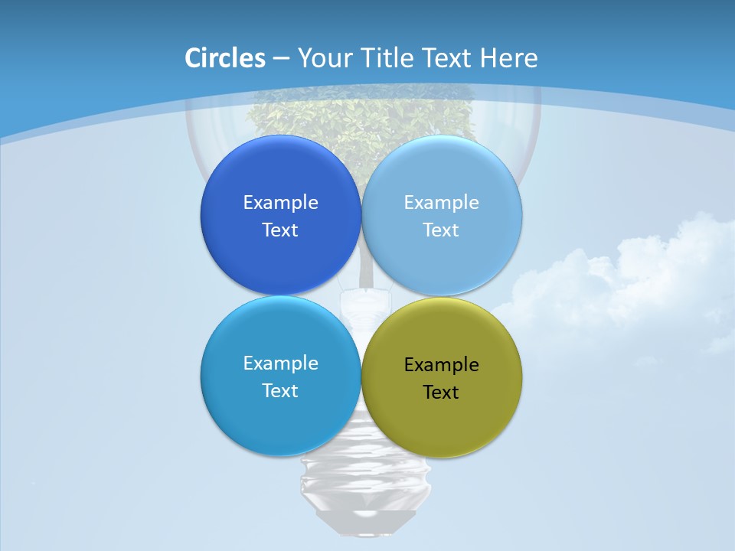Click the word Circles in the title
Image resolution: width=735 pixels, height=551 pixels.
(225, 58)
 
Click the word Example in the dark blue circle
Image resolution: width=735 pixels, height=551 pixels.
(280, 203)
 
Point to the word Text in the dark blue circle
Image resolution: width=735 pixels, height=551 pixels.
(280, 230)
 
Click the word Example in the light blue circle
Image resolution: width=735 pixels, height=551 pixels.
(442, 203)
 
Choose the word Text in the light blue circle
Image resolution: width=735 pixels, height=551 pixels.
(442, 230)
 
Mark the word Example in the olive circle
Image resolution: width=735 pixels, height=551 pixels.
(442, 365)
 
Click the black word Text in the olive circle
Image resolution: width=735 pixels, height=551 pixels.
(442, 393)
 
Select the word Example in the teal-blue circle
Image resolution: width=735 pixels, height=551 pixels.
(280, 364)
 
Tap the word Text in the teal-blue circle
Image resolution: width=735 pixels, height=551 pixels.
(280, 391)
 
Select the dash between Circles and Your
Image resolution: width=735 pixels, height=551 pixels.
(281, 59)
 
